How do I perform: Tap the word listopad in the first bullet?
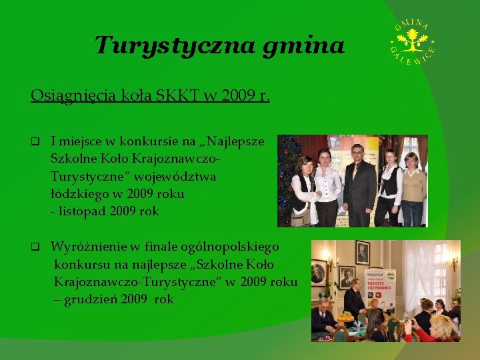pyautogui.click(x=81, y=211)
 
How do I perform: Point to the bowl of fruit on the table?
pyautogui.click(x=345, y=318)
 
